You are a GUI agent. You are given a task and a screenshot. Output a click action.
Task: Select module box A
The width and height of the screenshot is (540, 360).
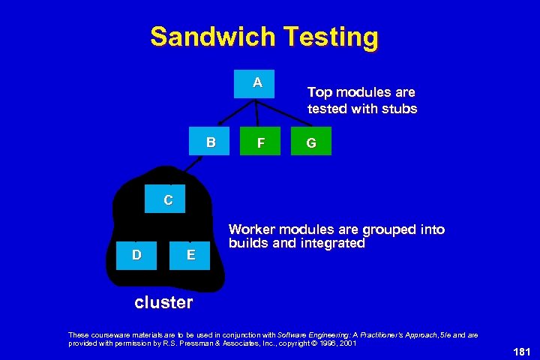point(257,83)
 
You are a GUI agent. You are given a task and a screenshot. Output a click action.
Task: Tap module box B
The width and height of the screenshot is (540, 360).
point(211,142)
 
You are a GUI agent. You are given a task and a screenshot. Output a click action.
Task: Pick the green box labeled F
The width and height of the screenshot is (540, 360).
point(259,142)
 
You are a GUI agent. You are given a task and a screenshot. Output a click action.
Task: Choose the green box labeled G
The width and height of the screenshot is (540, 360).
point(310,142)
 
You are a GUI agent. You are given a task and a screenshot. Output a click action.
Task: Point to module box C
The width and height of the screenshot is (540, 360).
point(168,200)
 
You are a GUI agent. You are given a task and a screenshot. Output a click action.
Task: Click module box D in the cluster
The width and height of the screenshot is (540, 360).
point(136,255)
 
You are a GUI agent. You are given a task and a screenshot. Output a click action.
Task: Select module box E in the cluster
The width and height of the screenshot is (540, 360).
point(191,255)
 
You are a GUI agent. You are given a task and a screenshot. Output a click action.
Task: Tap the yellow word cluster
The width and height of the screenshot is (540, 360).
point(163,303)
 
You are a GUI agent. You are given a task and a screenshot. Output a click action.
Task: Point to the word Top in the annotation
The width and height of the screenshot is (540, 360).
point(319,92)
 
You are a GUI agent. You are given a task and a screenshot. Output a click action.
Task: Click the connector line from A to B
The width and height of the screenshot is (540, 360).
point(232,112)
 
